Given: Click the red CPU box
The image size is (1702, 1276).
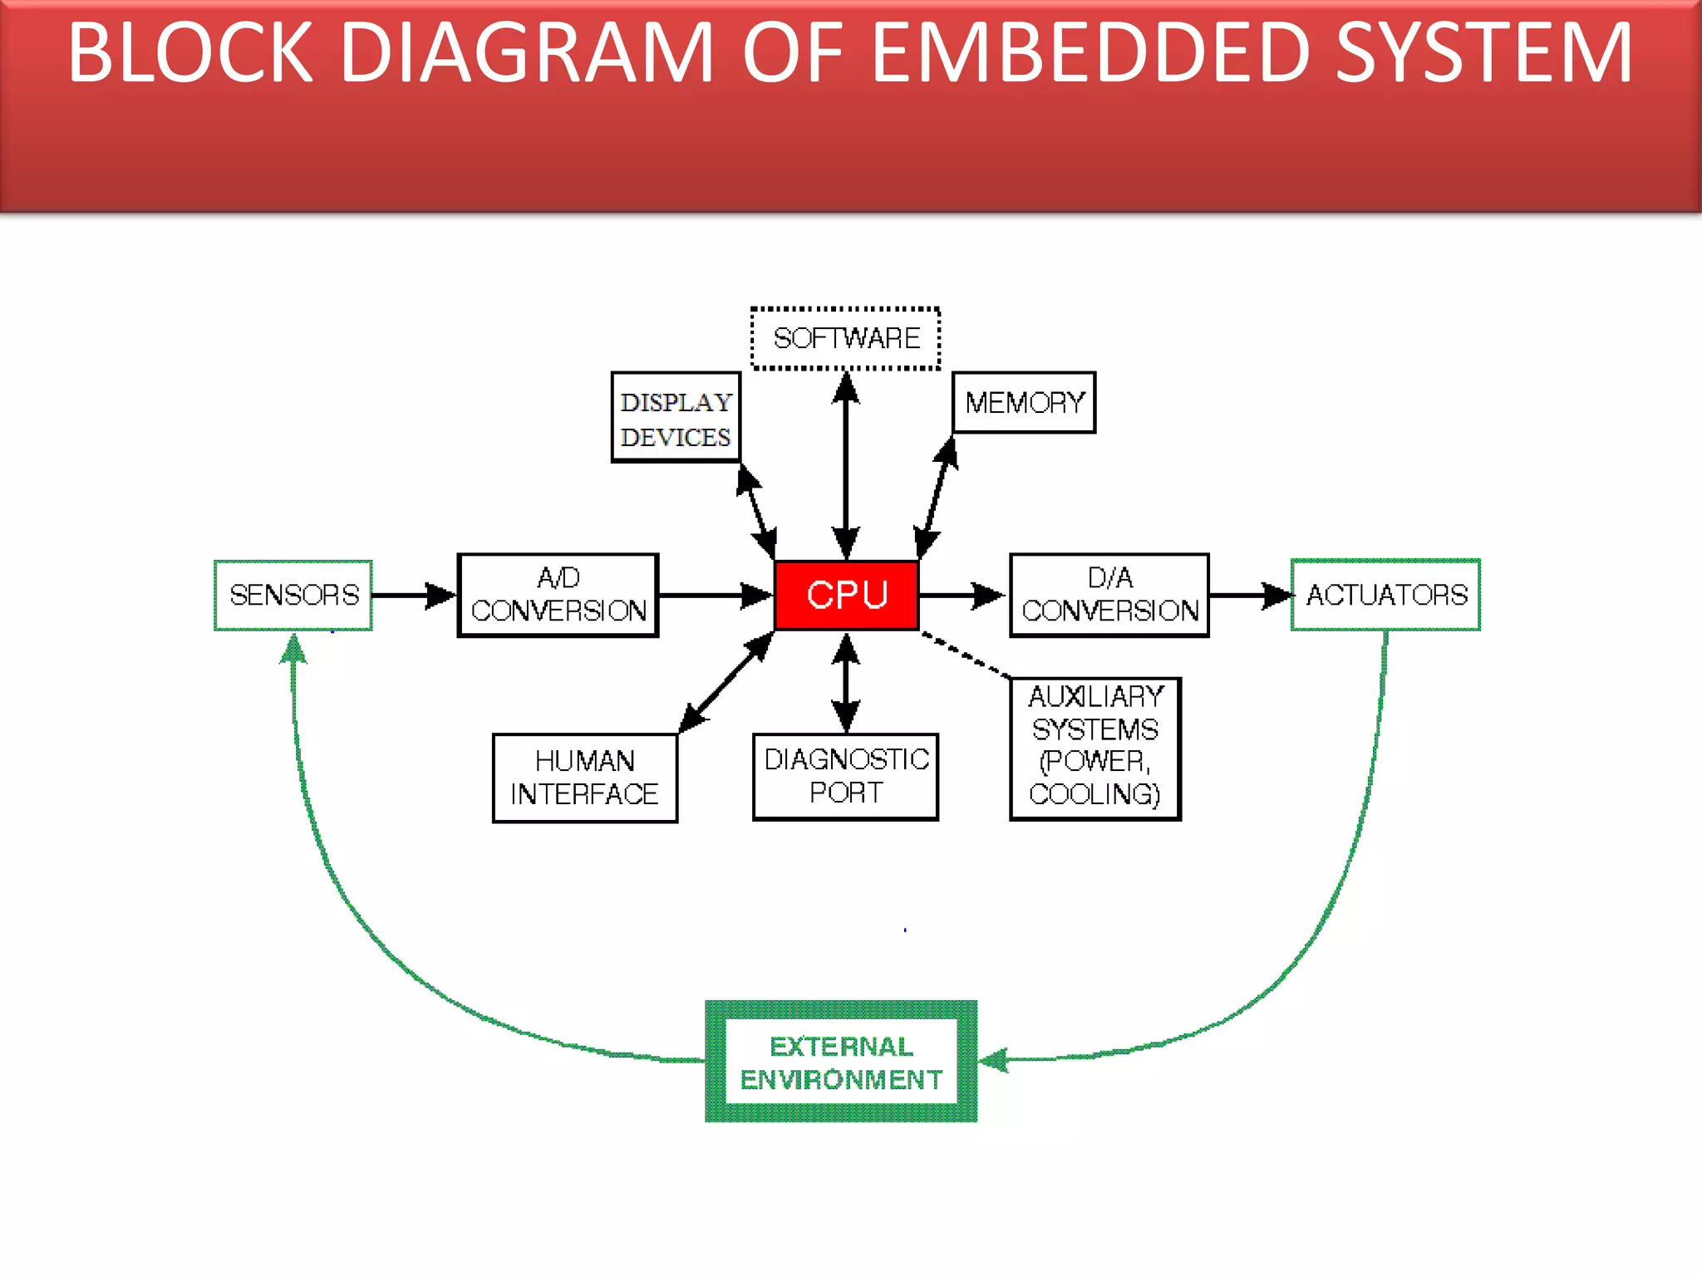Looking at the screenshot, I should [x=846, y=595].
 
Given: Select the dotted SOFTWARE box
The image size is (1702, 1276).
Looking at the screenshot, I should [x=845, y=338].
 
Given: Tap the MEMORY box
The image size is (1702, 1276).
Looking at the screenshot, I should [x=1023, y=403].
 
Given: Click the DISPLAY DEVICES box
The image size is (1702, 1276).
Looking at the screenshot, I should [x=675, y=418].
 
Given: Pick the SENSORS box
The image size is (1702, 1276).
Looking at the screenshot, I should [x=293, y=595].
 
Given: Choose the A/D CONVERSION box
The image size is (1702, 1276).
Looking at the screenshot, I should [x=558, y=595].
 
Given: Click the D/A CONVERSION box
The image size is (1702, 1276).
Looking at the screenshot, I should [x=1109, y=595].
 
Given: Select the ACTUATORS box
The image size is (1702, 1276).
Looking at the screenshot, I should [x=1385, y=595].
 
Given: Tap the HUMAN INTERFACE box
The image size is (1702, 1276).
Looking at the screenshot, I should [x=584, y=778].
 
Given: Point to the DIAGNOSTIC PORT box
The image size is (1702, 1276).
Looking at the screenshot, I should [x=845, y=776].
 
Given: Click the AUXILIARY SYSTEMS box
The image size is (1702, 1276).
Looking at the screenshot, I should [x=1094, y=748].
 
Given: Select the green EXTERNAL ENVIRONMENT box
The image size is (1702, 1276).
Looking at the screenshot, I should [x=841, y=1062].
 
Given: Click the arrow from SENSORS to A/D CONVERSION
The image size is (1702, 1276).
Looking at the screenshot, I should [x=414, y=595].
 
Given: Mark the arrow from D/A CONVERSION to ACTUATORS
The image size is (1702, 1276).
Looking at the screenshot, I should [x=1249, y=595].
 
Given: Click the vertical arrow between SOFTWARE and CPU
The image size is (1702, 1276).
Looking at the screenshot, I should [x=845, y=465].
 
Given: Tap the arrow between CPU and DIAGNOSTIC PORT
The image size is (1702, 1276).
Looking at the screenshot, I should [x=845, y=682].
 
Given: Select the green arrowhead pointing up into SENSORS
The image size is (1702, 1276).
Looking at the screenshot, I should [x=293, y=649].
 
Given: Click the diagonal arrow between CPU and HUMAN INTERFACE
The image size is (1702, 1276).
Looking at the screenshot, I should [x=726, y=682].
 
